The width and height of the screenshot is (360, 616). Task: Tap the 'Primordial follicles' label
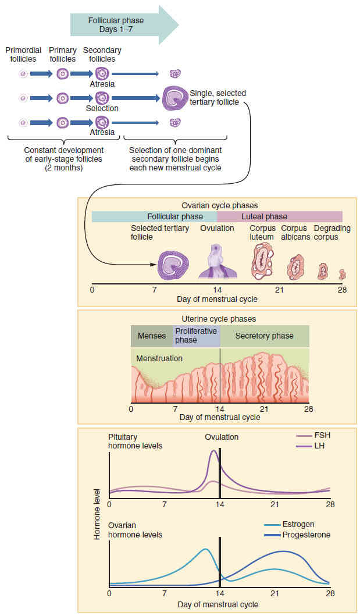pyautogui.click(x=24, y=55)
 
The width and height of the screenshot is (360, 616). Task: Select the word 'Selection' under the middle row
pyautogui.click(x=102, y=108)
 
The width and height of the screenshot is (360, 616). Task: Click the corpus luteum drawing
pyautogui.click(x=263, y=260)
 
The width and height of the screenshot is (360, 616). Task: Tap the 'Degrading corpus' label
pyautogui.click(x=332, y=233)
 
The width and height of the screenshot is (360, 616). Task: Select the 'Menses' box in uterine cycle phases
pyautogui.click(x=152, y=336)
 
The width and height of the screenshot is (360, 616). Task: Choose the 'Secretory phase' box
pyautogui.click(x=264, y=336)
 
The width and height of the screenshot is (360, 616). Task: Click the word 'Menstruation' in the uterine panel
pyautogui.click(x=159, y=358)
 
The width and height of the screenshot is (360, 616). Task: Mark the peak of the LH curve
pyautogui.click(x=214, y=451)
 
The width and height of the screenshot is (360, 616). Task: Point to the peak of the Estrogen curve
pyautogui.click(x=205, y=549)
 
